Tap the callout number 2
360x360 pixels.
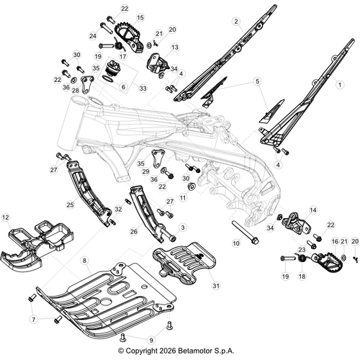tap(236, 22)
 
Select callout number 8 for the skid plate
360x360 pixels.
tap(85, 260)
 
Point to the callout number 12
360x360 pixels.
tap(6, 216)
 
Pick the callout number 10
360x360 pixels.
tap(235, 244)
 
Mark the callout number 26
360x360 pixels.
tap(134, 232)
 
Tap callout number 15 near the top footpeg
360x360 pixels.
tap(140, 17)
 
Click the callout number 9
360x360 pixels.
tap(150, 339)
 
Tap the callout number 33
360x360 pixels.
tap(143, 89)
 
